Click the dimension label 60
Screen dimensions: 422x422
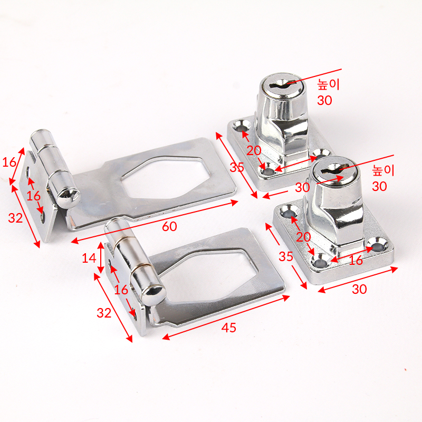(x=169, y=226)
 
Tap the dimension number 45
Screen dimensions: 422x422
(x=229, y=328)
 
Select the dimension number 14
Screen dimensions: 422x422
(x=89, y=258)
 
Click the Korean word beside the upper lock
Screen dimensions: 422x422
(x=328, y=84)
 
